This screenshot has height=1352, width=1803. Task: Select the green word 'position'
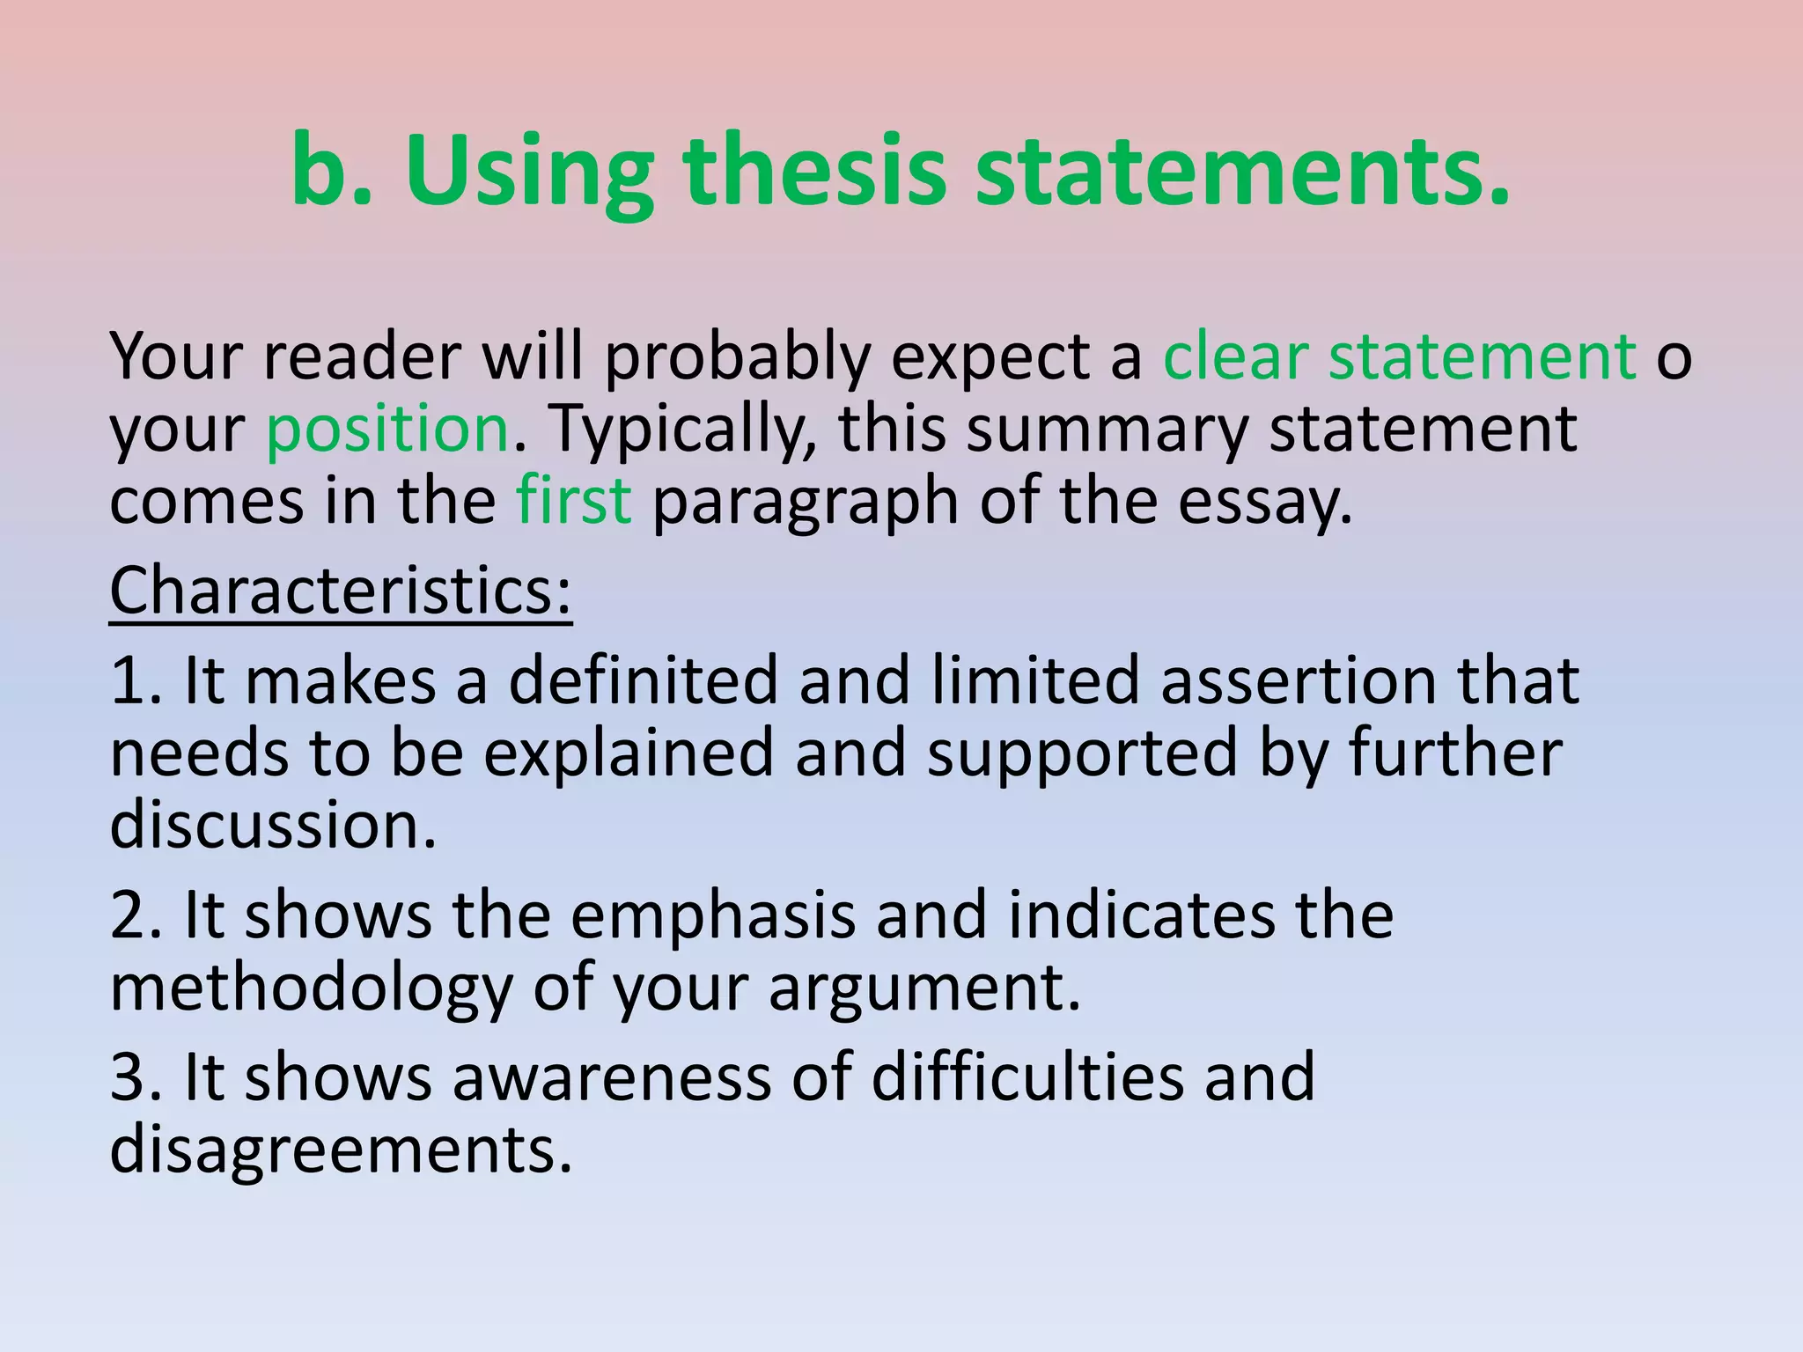click(387, 429)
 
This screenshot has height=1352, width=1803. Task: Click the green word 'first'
click(573, 499)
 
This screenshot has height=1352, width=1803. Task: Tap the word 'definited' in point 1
click(644, 680)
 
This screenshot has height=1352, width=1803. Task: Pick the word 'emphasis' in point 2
click(712, 915)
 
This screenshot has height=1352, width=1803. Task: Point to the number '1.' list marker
click(136, 680)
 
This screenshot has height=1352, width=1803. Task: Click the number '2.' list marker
click(136, 915)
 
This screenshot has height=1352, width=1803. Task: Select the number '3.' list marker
click(136, 1076)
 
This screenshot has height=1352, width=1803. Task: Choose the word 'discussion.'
click(273, 825)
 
